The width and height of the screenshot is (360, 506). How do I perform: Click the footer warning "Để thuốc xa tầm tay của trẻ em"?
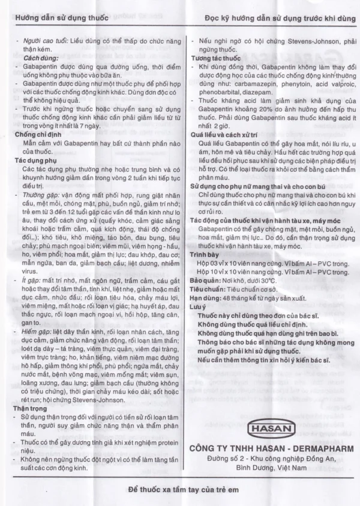coord(183,489)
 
